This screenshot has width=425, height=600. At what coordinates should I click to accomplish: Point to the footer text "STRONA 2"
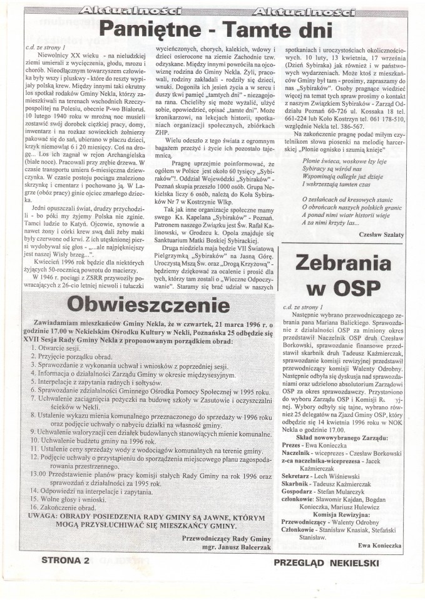coord(66,561)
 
